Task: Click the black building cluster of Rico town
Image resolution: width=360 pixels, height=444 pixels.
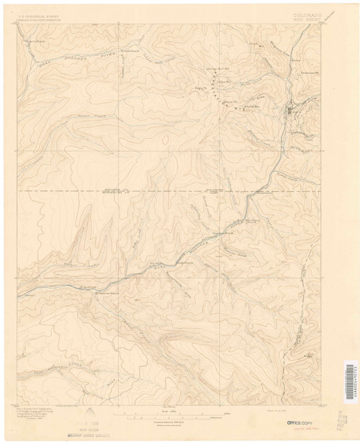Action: click(x=289, y=111)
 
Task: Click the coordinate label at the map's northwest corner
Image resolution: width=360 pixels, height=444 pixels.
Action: click(x=18, y=24)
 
